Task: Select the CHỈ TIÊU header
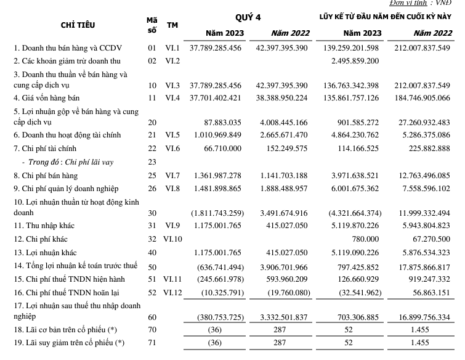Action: [x=78, y=25]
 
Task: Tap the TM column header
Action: [x=172, y=25]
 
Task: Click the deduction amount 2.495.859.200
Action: [x=352, y=61]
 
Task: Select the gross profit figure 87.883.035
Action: [x=223, y=123]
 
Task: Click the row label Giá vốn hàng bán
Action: [x=47, y=98]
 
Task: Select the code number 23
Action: [x=152, y=163]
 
